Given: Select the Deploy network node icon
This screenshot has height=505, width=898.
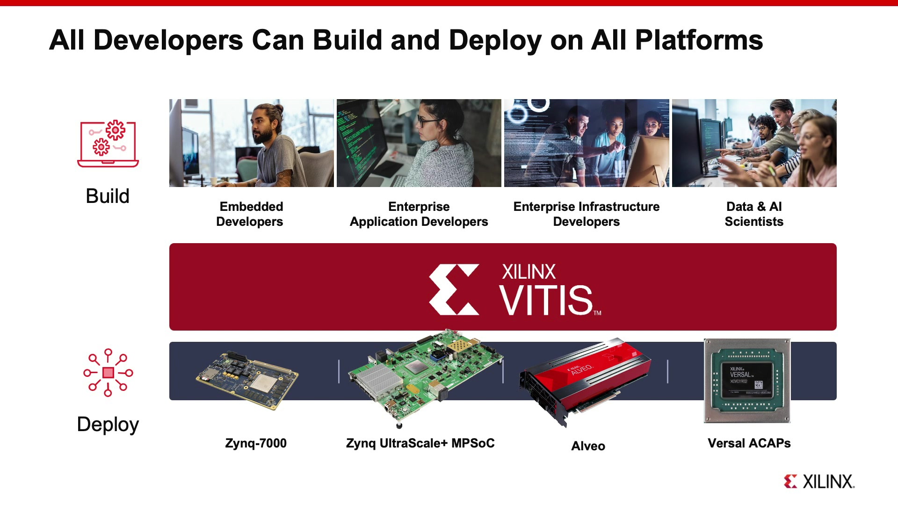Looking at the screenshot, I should [x=108, y=373].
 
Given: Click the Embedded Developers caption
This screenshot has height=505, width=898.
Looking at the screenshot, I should [x=251, y=214].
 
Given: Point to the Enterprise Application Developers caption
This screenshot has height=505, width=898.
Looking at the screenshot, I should [x=419, y=214].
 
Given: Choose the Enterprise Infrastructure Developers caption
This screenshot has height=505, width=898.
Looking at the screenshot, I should [x=586, y=214].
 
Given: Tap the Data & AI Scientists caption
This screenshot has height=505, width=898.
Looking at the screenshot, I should [x=754, y=214].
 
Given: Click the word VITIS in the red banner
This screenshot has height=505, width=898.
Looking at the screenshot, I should [x=546, y=300].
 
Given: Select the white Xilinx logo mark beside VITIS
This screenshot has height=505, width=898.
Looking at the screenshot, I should [x=454, y=289].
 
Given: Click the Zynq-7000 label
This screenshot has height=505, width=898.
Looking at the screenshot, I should [x=256, y=443].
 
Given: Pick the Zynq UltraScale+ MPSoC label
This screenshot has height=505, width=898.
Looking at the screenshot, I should [x=420, y=443].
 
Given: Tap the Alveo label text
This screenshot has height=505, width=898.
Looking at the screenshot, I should [x=588, y=446].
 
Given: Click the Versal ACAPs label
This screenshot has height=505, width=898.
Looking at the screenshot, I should [x=749, y=443].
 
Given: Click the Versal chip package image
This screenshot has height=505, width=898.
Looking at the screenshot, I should [x=747, y=381].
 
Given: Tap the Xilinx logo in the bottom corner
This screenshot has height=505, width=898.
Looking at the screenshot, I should [x=819, y=482].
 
